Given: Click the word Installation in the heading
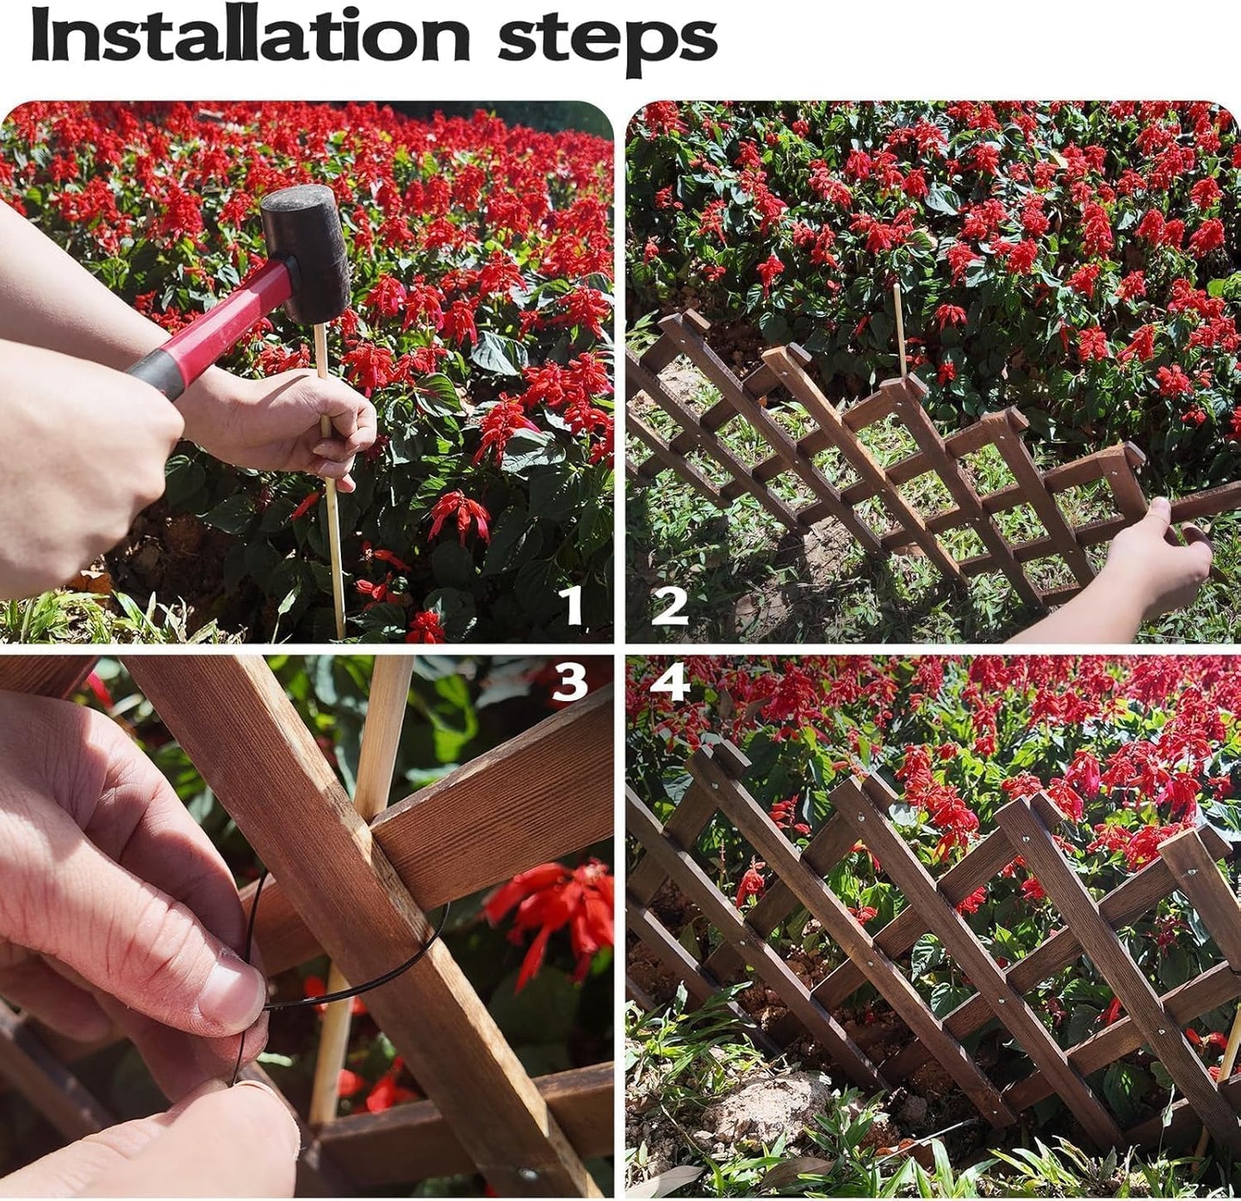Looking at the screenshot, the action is coord(250,36).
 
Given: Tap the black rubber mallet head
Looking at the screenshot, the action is coord(306,253).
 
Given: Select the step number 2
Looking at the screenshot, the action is coord(670,606).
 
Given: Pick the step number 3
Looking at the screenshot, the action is coord(570,682).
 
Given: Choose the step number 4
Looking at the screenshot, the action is coord(670,682).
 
